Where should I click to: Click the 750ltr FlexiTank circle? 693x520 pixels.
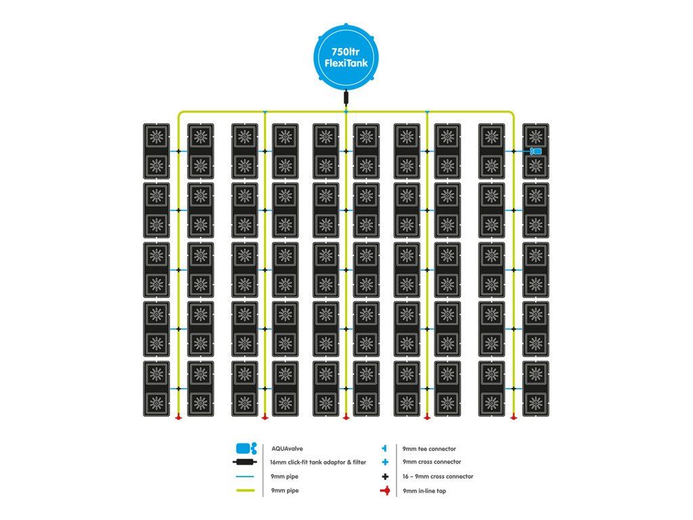tap(346, 56)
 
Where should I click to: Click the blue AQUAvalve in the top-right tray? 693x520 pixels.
tap(536, 151)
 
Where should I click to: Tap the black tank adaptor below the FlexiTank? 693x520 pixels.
tap(346, 97)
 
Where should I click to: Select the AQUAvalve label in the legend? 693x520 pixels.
tap(287, 448)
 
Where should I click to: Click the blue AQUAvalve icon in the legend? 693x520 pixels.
tap(246, 449)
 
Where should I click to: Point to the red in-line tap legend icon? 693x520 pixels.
tap(385, 491)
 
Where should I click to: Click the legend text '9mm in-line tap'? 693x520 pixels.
tap(424, 491)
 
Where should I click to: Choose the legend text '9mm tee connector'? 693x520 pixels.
tap(429, 449)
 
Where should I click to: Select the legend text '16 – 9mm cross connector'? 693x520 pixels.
tap(438, 476)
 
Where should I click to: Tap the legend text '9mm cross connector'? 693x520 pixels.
tap(432, 462)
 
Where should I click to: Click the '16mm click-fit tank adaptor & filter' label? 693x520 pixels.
tap(318, 462)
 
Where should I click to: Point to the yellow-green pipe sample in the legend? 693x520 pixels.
tap(246, 490)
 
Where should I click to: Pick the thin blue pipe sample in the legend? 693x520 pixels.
tap(246, 477)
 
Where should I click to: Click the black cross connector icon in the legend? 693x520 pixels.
tap(385, 477)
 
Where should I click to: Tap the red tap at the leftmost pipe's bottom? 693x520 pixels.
tap(178, 416)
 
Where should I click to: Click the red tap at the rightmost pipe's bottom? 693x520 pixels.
tap(513, 416)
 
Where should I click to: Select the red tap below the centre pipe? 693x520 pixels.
tap(346, 416)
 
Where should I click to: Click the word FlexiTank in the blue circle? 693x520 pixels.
tap(346, 63)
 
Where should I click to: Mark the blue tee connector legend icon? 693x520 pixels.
tap(384, 448)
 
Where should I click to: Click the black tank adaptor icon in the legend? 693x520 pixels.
tap(245, 462)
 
